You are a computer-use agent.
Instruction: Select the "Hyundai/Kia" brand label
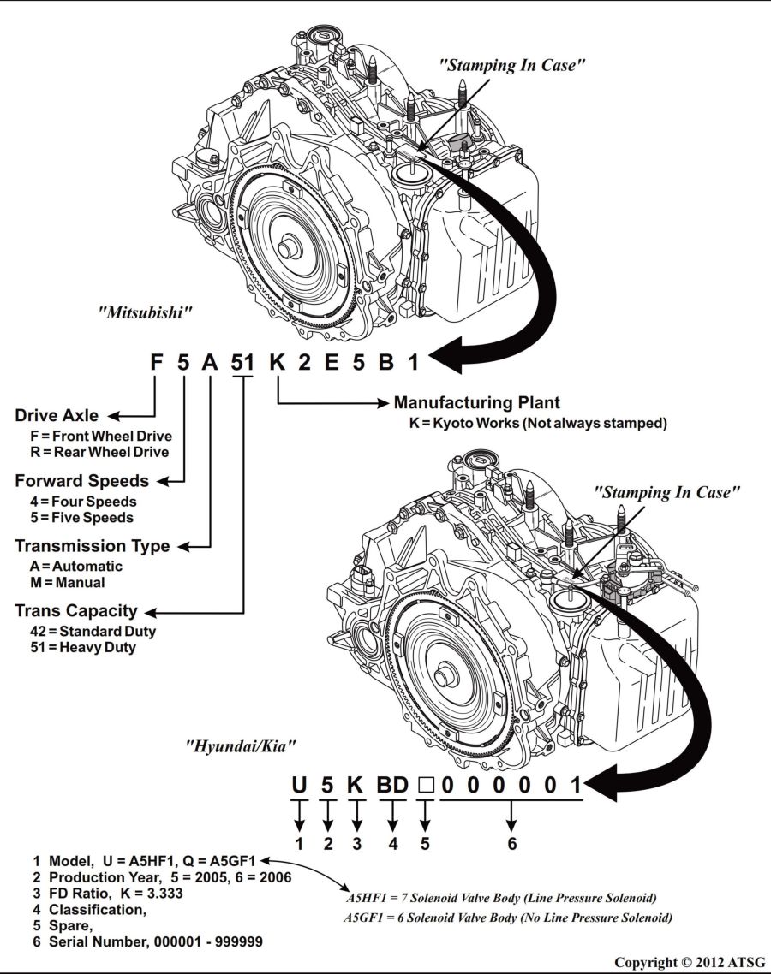tap(241, 746)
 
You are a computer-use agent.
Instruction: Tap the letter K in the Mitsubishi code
tap(276, 362)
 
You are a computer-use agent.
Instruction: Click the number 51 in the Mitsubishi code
tap(242, 362)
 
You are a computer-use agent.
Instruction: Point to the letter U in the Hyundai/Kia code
tap(299, 784)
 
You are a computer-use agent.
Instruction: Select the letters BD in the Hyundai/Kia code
tap(392, 784)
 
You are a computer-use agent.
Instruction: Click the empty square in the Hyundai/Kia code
tap(425, 785)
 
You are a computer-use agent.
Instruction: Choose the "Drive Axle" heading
tap(57, 416)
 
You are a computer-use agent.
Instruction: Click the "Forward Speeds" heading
tap(81, 481)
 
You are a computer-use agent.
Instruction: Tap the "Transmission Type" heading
tap(92, 546)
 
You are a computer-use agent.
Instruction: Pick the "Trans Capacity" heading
tap(76, 611)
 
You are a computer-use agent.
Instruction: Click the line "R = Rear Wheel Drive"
tap(99, 452)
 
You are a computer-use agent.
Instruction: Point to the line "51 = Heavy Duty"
tap(82, 647)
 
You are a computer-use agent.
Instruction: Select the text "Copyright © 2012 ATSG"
tap(690, 962)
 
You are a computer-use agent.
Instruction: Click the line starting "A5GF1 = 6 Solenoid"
tap(508, 918)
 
